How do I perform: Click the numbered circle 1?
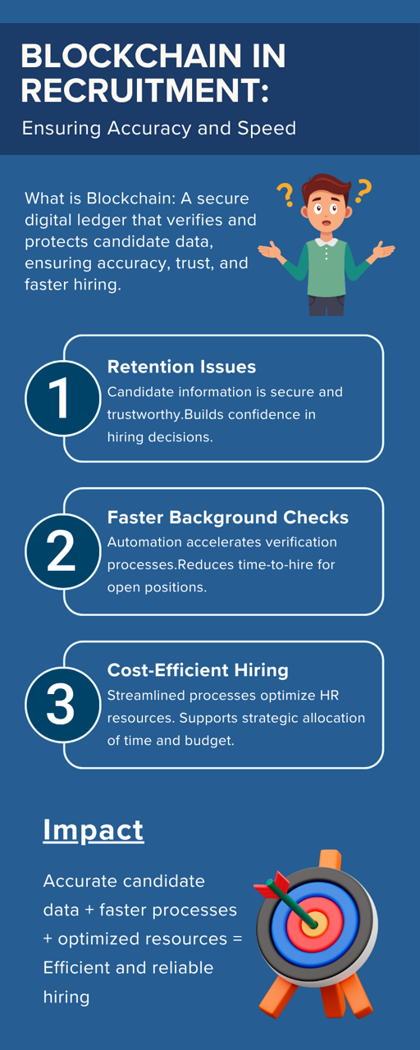pyautogui.click(x=63, y=399)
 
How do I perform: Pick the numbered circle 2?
pyautogui.click(x=63, y=551)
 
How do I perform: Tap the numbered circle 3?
pyautogui.click(x=63, y=705)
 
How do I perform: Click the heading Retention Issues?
pyautogui.click(x=181, y=367)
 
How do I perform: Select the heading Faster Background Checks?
pyautogui.click(x=228, y=517)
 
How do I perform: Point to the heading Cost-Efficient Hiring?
pyautogui.click(x=198, y=670)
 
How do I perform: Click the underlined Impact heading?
pyautogui.click(x=94, y=829)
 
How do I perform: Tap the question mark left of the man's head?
pyautogui.click(x=285, y=195)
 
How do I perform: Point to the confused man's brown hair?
pyautogui.click(x=326, y=185)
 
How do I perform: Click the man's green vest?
pyautogui.click(x=326, y=268)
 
